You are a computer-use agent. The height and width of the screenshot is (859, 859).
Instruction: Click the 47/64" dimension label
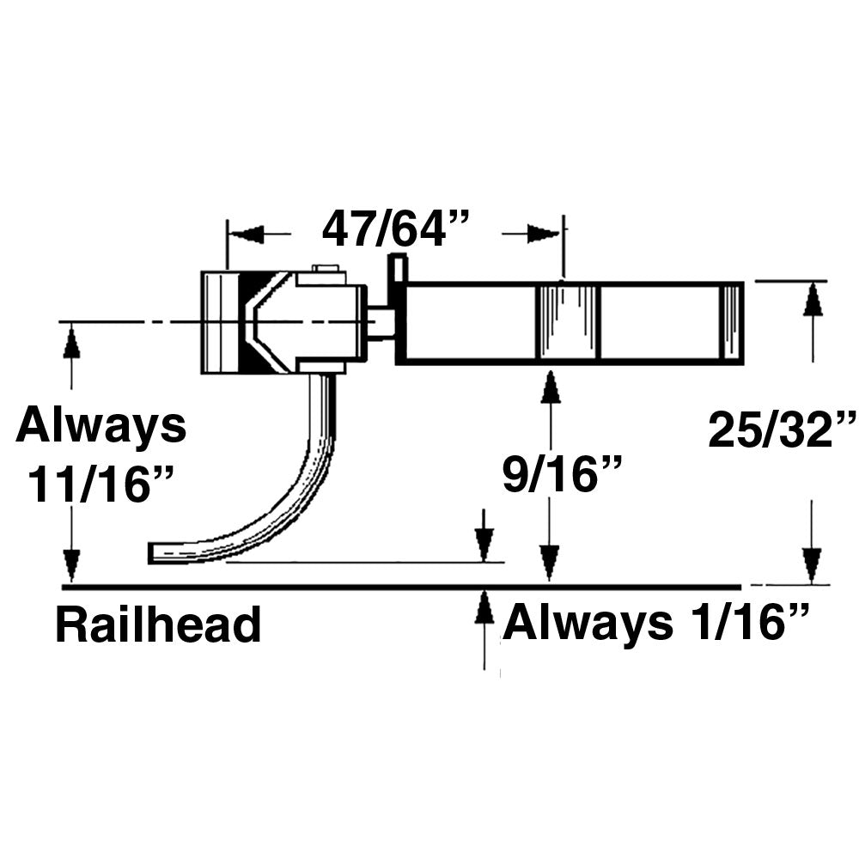pos(397,229)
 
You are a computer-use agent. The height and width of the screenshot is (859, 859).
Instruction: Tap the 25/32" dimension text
pos(782,429)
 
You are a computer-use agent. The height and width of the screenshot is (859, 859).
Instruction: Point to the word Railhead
pos(158,625)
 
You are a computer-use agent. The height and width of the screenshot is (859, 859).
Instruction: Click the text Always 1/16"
pos(656,624)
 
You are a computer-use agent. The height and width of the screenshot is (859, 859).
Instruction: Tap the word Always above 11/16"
pos(101,426)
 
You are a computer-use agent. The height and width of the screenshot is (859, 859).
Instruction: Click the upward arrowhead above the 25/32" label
pos(813,303)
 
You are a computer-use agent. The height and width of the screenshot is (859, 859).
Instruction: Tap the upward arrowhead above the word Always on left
pos(71,344)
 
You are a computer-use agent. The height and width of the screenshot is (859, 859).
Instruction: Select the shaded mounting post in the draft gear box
pos(567,321)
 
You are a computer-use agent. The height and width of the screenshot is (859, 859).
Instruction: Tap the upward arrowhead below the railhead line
pos(484,608)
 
